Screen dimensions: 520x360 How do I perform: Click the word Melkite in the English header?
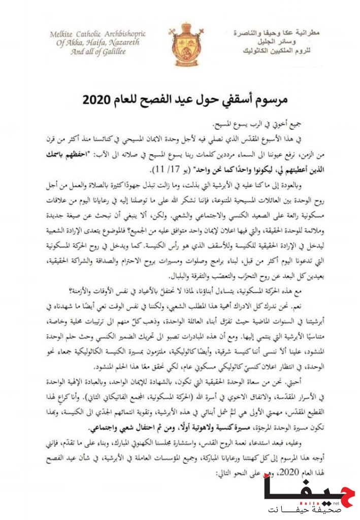tap(64, 34)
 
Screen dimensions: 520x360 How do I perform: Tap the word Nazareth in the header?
tap(125, 43)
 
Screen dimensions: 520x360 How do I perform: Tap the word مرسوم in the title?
tap(269, 100)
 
